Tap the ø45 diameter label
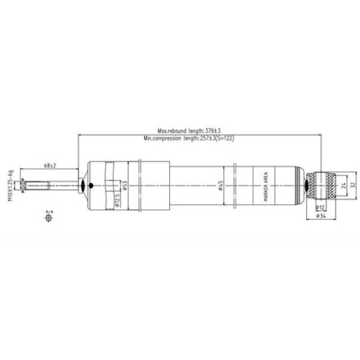point(221,187)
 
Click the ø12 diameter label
point(322,207)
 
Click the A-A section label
point(49,212)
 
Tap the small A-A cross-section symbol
point(49,219)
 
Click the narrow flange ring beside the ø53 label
point(139,185)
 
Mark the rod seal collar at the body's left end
point(82,185)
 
